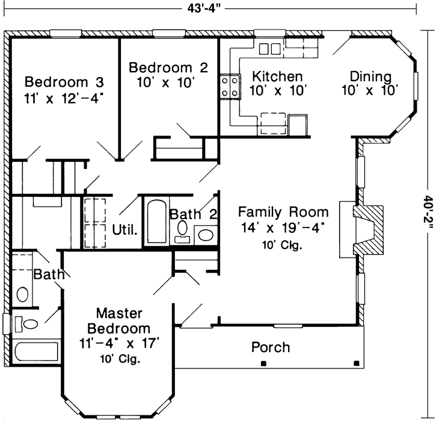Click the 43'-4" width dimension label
[204, 8]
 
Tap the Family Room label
[283, 212]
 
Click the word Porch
[271, 347]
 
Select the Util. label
[125, 230]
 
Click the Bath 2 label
[193, 214]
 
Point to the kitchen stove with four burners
[230, 87]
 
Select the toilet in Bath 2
[182, 232]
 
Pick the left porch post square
[263, 363]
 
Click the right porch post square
[357, 363]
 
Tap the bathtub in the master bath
[36, 352]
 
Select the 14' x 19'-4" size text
[283, 228]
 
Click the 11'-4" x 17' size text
[119, 344]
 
